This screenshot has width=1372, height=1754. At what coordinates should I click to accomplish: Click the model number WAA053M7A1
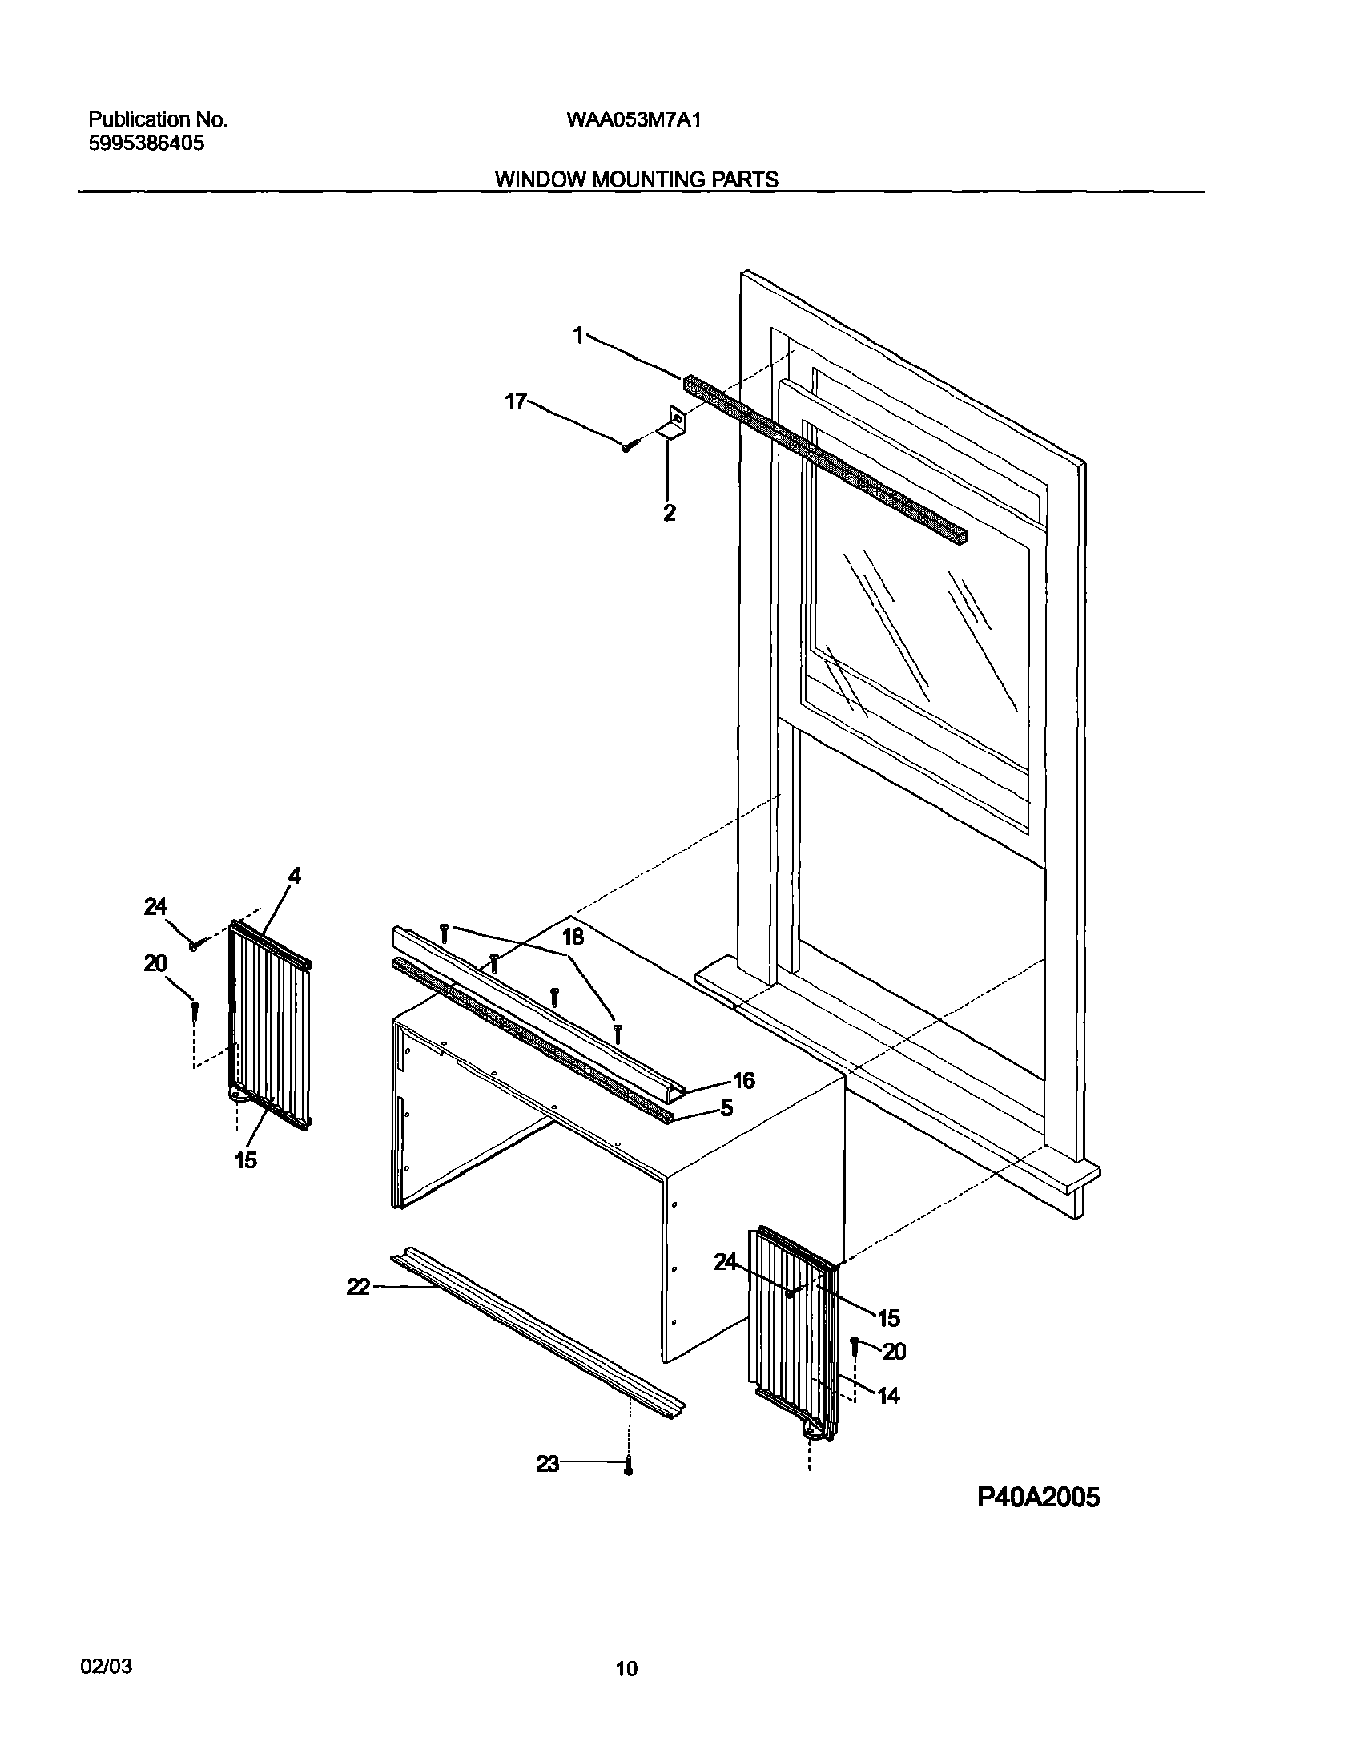tap(634, 120)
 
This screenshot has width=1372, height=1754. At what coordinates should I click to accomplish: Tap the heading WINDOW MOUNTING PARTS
tap(635, 179)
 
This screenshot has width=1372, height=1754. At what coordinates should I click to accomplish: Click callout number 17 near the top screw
tap(516, 401)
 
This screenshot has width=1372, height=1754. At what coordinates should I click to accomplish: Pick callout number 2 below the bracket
tap(669, 513)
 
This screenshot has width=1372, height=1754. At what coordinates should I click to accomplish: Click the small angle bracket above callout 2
tap(673, 424)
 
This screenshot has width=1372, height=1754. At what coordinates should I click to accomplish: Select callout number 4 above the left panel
tap(295, 876)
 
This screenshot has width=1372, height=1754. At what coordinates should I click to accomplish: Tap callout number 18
tap(573, 937)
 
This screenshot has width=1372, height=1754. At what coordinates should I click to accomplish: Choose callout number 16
tap(744, 1081)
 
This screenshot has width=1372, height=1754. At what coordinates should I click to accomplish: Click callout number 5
tap(726, 1109)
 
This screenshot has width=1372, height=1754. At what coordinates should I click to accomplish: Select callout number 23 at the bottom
tap(548, 1465)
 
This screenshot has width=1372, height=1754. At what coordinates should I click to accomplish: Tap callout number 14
tap(888, 1396)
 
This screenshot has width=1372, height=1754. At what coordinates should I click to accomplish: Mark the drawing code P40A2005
tap(1038, 1497)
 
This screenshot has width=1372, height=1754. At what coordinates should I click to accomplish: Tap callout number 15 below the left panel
tap(246, 1159)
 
